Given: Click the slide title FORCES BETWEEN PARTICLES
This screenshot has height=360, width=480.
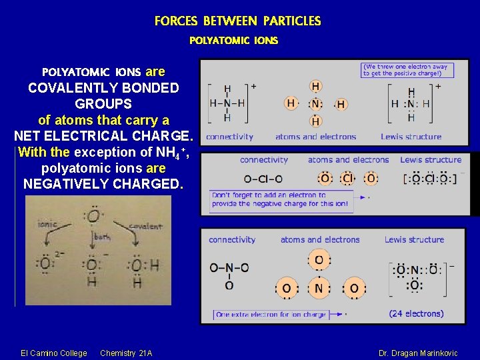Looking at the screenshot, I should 237,21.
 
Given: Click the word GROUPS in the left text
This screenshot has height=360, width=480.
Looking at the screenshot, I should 103,104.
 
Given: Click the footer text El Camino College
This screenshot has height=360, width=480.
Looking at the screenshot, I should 54,353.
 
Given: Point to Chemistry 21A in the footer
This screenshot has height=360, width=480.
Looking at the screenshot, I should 126,353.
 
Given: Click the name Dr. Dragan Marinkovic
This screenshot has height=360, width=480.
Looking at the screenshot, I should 418,353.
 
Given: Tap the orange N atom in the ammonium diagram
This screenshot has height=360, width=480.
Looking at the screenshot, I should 315,103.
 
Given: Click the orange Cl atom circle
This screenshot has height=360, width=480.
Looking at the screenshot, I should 348,179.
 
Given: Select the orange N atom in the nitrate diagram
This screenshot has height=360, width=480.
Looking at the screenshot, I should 319,289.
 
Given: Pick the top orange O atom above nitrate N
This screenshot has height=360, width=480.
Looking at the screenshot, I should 319,260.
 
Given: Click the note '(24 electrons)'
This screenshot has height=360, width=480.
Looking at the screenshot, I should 416,313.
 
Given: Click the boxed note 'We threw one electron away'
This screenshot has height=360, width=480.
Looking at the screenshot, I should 407,69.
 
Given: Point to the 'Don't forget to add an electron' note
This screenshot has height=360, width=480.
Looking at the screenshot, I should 279,199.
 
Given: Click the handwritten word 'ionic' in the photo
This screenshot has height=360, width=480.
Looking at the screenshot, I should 48,224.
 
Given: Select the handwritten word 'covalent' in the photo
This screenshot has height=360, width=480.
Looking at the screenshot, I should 144,227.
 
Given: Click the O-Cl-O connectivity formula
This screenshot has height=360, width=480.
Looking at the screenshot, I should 263,179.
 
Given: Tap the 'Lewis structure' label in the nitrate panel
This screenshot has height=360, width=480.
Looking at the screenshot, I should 414,239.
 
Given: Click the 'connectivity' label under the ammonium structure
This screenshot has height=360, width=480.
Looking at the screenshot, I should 229,137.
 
